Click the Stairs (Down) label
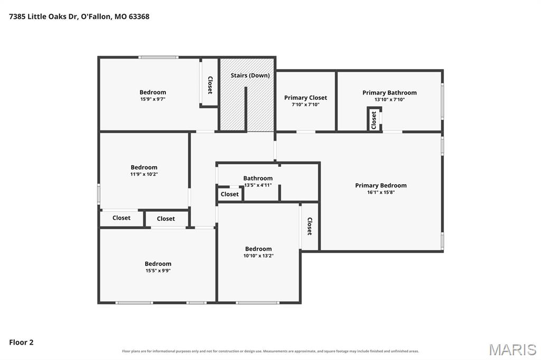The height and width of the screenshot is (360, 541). click(250, 75)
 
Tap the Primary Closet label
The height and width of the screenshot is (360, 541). click(305, 98)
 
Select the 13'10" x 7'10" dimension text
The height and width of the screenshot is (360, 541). click(389, 99)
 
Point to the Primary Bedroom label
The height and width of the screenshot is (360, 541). click(381, 185)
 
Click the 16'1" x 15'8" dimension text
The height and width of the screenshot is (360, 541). click(381, 193)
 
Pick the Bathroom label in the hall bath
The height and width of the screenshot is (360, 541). click(258, 178)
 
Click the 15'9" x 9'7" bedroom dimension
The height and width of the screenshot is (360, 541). click(153, 99)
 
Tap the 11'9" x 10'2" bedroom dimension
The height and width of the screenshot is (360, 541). click(144, 174)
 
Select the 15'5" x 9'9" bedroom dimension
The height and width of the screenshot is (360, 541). click(158, 271)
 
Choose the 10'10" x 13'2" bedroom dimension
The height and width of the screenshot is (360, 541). click(258, 255)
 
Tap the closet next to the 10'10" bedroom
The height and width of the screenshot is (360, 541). click(310, 226)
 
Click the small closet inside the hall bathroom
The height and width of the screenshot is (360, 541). click(230, 194)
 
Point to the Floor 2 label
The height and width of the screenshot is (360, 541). click(21, 342)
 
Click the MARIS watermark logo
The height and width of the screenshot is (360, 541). click(512, 349)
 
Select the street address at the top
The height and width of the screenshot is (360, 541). click(79, 16)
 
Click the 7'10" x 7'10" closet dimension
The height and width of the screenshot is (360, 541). click(306, 105)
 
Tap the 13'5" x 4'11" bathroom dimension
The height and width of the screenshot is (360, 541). click(258, 185)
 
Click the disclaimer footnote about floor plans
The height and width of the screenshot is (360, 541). click(270, 351)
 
